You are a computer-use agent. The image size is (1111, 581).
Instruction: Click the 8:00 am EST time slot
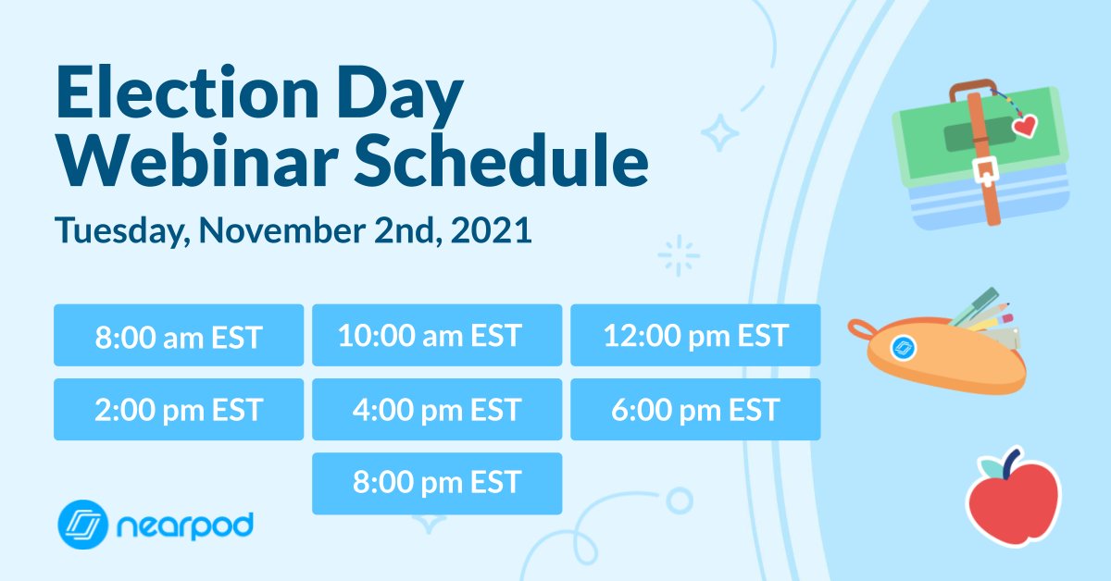coord(178,335)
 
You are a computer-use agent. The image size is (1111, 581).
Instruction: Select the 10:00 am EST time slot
coord(436,335)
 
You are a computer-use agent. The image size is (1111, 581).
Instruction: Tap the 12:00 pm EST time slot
coord(694,335)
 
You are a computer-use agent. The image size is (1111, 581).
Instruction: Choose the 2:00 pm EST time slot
coord(178,409)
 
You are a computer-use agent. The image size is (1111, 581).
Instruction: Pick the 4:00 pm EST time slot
coord(436,409)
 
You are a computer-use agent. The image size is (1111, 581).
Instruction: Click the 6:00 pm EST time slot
coord(694,409)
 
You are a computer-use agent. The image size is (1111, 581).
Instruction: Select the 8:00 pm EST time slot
coord(436,483)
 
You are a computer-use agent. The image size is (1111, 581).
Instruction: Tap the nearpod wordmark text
coord(184,526)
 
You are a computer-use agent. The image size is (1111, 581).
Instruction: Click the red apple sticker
coord(1013,501)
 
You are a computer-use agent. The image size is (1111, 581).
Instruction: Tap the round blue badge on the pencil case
coord(902,349)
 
